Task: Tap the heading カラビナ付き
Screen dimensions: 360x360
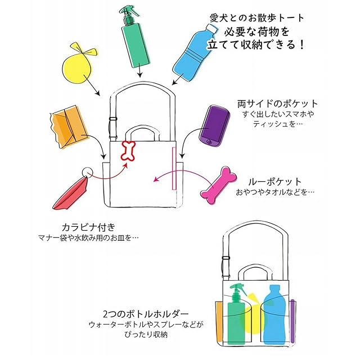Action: [88, 227]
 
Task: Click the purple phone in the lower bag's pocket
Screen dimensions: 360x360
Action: [292, 318]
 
